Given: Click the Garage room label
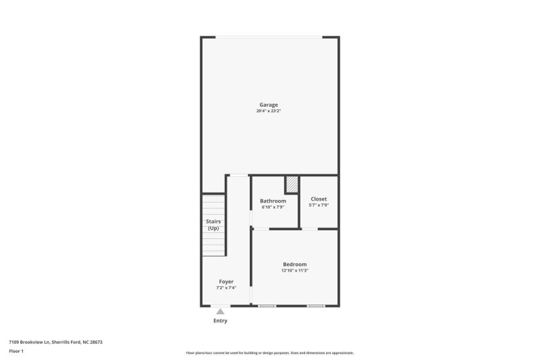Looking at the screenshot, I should (269, 105).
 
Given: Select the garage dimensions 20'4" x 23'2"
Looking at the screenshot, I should (269, 111).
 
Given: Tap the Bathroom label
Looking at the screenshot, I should (273, 201).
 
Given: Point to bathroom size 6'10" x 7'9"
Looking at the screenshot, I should (273, 207).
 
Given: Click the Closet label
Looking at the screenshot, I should (319, 199).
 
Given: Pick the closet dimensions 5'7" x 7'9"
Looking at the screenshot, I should (319, 205).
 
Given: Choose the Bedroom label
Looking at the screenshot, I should (294, 264).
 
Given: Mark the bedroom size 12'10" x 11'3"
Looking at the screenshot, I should (294, 270).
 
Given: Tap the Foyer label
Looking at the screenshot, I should (226, 281).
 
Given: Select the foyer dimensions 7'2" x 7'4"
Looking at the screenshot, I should (226, 287).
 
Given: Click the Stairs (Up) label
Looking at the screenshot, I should (213, 224).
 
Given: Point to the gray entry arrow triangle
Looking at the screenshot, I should (220, 311).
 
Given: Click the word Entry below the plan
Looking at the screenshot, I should (220, 321).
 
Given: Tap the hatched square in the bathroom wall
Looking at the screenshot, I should (292, 184).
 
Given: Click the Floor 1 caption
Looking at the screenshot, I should (16, 351).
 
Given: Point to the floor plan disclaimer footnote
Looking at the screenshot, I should (269, 353).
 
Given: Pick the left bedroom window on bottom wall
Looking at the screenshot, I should (267, 307).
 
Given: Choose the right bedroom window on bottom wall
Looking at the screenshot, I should (315, 307).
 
